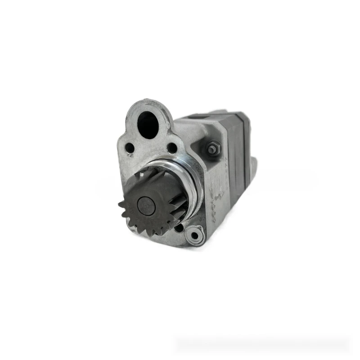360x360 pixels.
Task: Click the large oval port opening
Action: point(148,125)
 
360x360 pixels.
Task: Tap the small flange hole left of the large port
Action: point(130,147)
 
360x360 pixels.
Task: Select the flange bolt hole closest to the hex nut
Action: point(171,148)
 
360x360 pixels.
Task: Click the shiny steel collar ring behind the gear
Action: point(191,180)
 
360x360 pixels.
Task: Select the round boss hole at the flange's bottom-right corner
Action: point(194,234)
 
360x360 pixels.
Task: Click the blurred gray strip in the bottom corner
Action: point(261,344)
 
